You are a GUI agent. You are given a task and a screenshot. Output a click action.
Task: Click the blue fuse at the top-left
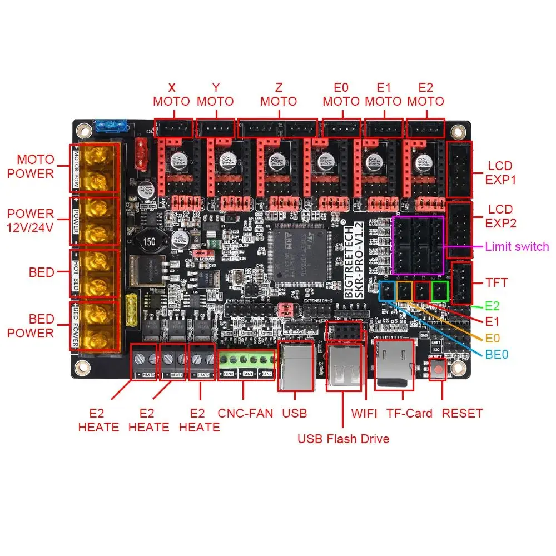click(x=112, y=126)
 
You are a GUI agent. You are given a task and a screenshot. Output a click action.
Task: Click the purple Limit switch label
click(x=517, y=246)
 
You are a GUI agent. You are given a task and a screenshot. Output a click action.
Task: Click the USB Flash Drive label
click(x=343, y=439)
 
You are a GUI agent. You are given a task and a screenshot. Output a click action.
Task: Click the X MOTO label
click(x=171, y=95)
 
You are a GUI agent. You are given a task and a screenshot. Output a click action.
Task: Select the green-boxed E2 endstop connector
click(x=440, y=290)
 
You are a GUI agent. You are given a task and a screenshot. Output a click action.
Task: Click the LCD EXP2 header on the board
click(x=460, y=230)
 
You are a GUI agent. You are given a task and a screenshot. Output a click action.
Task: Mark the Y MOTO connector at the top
click(x=216, y=129)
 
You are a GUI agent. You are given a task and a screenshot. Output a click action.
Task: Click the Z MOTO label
click(x=279, y=95)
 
